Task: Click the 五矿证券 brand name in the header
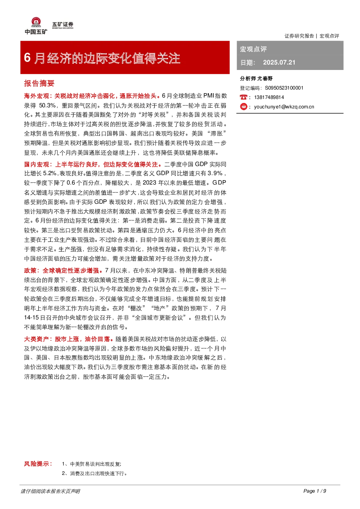(63, 24)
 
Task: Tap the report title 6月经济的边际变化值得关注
(102, 58)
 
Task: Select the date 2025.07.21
(279, 62)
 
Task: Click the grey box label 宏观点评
(253, 49)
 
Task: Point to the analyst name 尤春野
(265, 78)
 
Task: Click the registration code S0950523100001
(284, 88)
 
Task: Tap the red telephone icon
(243, 97)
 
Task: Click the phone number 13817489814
(269, 97)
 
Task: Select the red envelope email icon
(244, 107)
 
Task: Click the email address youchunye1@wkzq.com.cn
(284, 107)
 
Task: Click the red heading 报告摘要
(39, 83)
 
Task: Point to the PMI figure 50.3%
(47, 105)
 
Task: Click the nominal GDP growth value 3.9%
(215, 173)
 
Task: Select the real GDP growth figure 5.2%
(50, 173)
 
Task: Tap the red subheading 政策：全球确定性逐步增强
(61, 270)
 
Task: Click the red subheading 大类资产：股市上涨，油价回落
(67, 339)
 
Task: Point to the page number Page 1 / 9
(315, 491)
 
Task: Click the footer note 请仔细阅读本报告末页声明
(50, 491)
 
